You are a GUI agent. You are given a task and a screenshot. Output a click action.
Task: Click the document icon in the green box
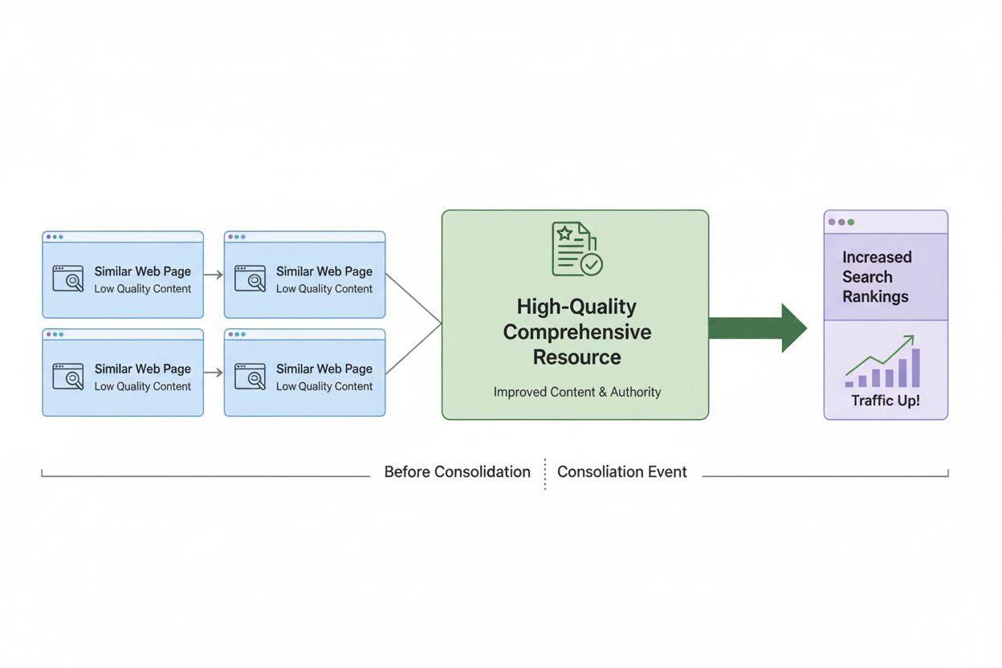[x=575, y=249]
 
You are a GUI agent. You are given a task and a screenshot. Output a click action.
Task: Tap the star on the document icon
[x=565, y=234]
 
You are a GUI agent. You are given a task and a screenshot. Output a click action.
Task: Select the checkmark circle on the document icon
[x=592, y=264]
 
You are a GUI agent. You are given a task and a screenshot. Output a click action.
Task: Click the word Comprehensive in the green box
[x=576, y=332]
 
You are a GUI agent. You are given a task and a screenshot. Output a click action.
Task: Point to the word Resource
[x=576, y=357]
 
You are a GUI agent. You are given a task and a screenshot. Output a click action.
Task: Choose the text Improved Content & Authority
[x=576, y=392]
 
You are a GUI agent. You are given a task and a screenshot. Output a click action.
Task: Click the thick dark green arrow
[x=758, y=328]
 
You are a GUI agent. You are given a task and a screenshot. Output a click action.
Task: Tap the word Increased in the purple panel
[x=877, y=257]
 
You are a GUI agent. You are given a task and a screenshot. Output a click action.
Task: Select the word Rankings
[x=875, y=296]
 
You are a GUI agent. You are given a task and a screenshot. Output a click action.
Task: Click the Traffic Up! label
[x=886, y=400]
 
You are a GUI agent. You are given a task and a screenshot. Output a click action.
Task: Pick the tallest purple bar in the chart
[x=915, y=368]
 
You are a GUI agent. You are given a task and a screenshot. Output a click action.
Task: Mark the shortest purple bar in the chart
[x=849, y=383]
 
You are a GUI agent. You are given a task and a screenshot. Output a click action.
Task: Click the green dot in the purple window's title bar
[x=851, y=222]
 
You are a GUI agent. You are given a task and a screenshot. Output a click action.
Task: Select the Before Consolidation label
[x=457, y=472]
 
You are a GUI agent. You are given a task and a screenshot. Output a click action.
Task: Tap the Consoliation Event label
[x=621, y=472]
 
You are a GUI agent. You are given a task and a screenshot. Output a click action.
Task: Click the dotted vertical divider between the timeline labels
[x=544, y=474]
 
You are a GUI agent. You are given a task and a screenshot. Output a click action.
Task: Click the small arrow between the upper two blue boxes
[x=213, y=275]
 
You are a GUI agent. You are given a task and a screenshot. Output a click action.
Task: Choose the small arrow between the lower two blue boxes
[x=213, y=373]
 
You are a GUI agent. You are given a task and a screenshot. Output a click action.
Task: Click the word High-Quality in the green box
[x=576, y=306]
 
